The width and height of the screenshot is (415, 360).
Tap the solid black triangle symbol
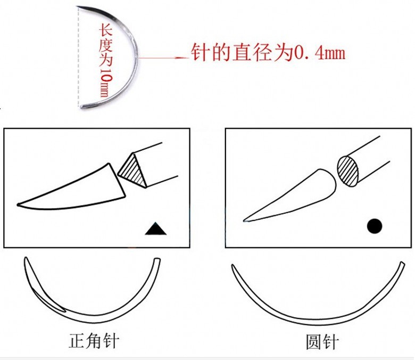[156, 229]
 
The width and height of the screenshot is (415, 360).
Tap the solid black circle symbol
[375, 226]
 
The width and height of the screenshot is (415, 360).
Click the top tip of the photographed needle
[79, 7]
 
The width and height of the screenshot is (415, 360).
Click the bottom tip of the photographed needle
[82, 108]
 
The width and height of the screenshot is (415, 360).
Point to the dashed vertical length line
[79, 59]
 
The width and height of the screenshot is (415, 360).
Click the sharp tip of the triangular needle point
[19, 204]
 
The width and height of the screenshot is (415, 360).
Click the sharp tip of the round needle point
[245, 219]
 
